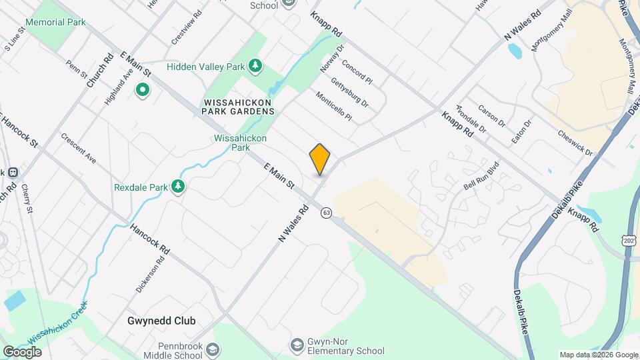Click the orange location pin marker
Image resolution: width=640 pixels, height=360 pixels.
tap(320, 159)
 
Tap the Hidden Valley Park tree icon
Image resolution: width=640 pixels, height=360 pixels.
tap(254, 65)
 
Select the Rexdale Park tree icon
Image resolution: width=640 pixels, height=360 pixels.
tap(177, 187)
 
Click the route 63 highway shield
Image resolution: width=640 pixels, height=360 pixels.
tap(326, 212)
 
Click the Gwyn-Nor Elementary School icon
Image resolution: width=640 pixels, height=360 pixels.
tap(297, 345)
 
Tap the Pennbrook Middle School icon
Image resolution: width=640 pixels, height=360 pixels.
tap(212, 350)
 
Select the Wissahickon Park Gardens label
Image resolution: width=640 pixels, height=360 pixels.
tap(238, 107)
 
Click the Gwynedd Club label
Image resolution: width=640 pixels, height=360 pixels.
tap(162, 321)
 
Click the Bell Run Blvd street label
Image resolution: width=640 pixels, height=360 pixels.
tap(481, 177)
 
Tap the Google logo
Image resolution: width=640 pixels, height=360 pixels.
tap(23, 351)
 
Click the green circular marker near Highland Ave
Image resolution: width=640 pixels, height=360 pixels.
tap(142, 89)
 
